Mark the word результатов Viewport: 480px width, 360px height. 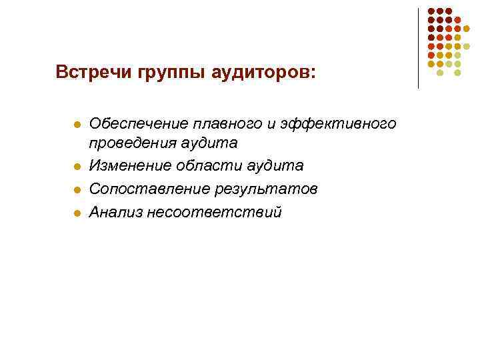point(266,189)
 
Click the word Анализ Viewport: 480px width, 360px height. point(113,212)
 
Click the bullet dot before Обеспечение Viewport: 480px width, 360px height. point(76,125)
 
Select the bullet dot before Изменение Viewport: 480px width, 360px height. point(76,167)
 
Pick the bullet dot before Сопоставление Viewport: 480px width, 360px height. point(76,190)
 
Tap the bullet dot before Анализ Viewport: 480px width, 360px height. point(76,213)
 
